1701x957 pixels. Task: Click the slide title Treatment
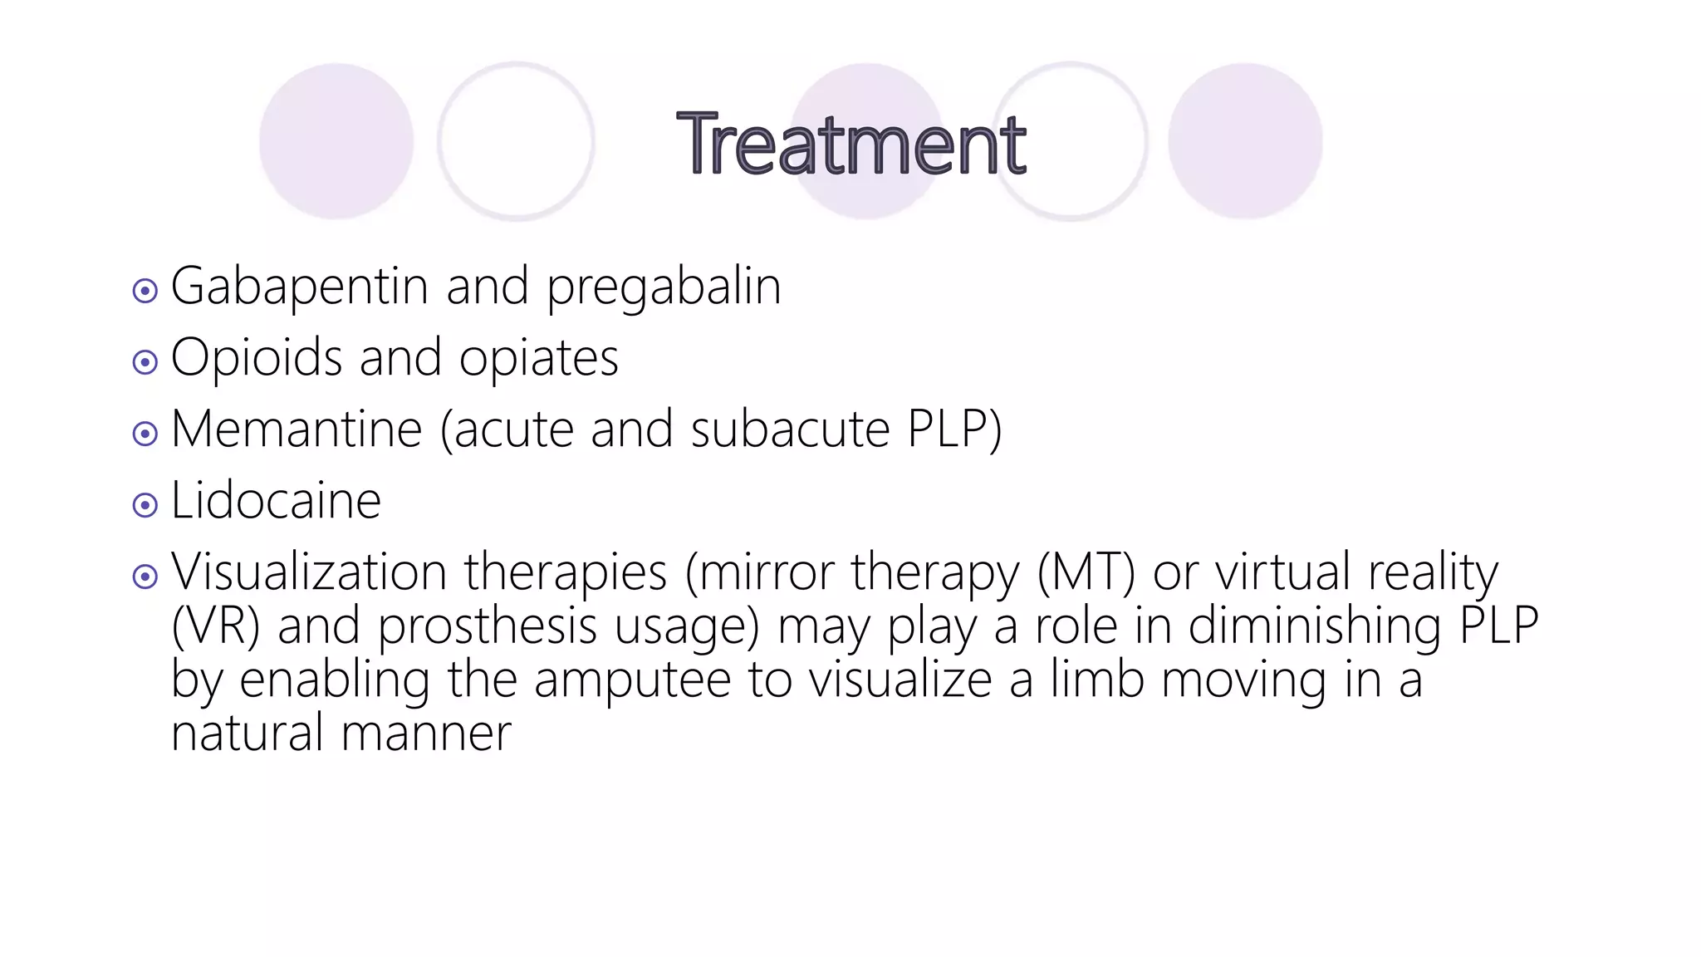(x=851, y=145)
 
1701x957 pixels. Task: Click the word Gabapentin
(x=299, y=287)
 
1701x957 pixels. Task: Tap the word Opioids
(x=257, y=359)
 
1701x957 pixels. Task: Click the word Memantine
(x=297, y=430)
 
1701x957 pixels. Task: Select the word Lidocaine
(x=276, y=502)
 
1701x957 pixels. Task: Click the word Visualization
(x=308, y=573)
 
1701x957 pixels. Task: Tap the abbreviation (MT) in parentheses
(x=1086, y=573)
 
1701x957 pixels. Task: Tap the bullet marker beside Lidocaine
(x=145, y=505)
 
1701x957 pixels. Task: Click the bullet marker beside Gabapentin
(x=145, y=291)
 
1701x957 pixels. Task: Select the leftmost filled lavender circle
(x=336, y=141)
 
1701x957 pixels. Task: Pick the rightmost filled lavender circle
(x=1245, y=141)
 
